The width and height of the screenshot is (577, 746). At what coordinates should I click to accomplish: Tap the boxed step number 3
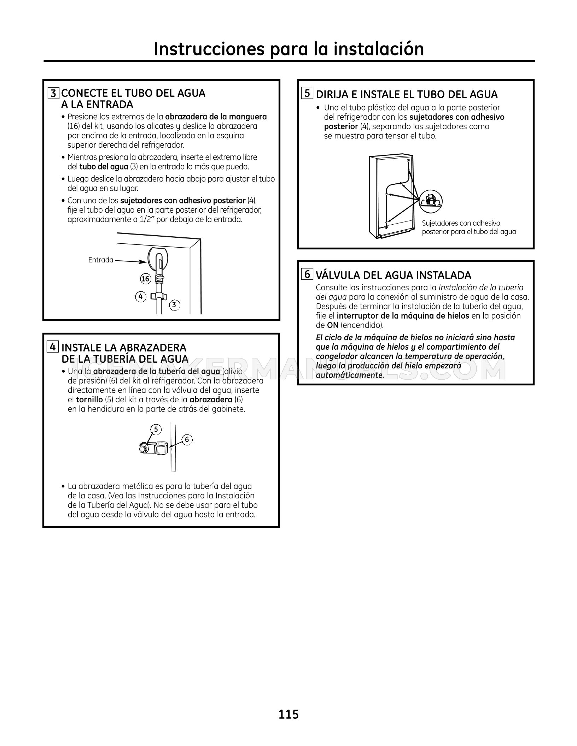54,93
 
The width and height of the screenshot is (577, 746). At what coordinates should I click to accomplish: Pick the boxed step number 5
307,93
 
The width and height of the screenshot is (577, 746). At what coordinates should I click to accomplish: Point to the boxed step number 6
307,274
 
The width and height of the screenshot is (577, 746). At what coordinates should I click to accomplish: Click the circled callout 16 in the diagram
145,279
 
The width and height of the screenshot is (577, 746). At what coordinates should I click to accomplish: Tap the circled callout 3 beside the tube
174,305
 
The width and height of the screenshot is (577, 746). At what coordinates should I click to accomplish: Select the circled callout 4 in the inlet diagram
141,296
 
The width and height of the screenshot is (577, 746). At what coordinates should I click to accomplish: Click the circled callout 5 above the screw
156,430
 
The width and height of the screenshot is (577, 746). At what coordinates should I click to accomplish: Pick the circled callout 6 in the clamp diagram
187,440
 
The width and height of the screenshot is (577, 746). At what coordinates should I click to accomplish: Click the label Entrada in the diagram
101,260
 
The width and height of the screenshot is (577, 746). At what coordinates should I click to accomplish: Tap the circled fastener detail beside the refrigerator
431,201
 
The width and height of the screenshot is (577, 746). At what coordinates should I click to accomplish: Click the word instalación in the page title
375,49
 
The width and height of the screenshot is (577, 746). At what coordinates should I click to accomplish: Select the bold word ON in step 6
333,325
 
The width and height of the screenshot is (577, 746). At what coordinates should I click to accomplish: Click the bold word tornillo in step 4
89,400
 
